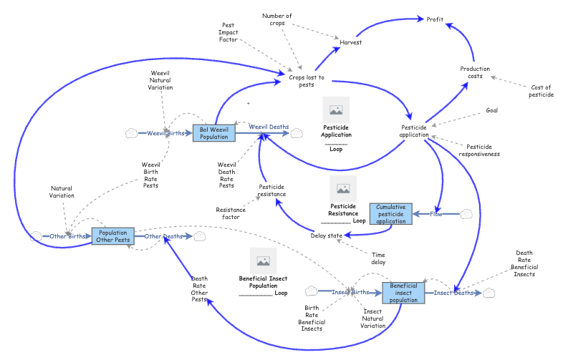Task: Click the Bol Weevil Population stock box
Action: [x=213, y=133]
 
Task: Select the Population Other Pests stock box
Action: [x=114, y=236]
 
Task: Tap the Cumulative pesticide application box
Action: [x=391, y=214]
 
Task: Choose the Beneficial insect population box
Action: [x=403, y=293]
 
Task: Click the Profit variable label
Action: [x=435, y=19]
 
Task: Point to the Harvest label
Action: [x=350, y=42]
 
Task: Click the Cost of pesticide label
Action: [x=540, y=91]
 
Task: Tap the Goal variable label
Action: [x=491, y=110]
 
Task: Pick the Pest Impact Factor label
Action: [x=229, y=32]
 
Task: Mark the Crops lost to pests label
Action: [x=307, y=81]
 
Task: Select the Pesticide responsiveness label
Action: [x=478, y=150]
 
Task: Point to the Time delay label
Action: [x=380, y=258]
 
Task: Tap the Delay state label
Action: [x=327, y=235]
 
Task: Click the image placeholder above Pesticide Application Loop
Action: [x=336, y=110]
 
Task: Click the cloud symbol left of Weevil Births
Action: [x=130, y=133]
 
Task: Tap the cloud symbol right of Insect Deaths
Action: [x=489, y=293]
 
